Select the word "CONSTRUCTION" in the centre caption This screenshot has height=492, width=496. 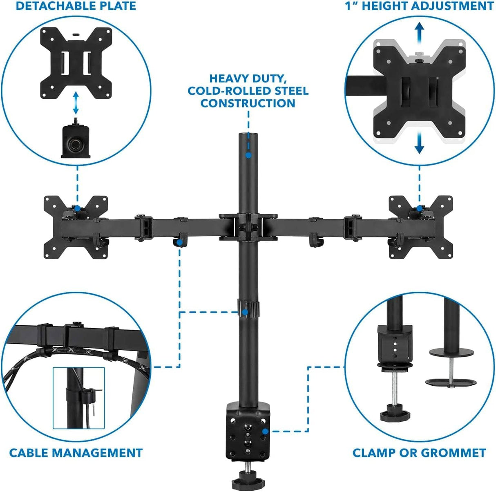pyautogui.click(x=248, y=103)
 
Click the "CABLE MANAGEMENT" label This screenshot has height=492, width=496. pyautogui.click(x=76, y=453)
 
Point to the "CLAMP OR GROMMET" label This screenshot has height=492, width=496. pyautogui.click(x=419, y=453)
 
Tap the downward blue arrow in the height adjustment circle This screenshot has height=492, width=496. pyautogui.click(x=419, y=144)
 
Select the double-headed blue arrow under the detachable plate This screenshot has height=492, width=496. pyautogui.click(x=75, y=103)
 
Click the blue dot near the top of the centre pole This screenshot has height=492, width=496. pyautogui.click(x=248, y=155)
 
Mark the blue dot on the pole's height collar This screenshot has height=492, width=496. pyautogui.click(x=245, y=313)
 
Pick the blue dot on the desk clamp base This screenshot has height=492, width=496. pyautogui.click(x=265, y=431)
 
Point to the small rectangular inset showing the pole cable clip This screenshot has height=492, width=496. pyautogui.click(x=79, y=397)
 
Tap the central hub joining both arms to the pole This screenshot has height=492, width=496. pyautogui.click(x=248, y=226)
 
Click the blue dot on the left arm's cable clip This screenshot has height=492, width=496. pyautogui.click(x=179, y=242)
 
